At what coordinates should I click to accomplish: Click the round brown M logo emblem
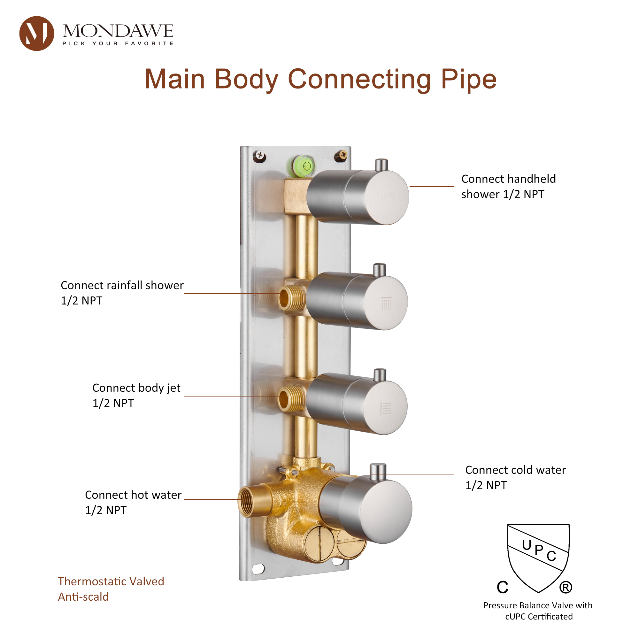click(x=36, y=34)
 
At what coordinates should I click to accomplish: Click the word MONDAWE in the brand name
click(x=118, y=31)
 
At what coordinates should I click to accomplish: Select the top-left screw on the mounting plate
click(x=260, y=156)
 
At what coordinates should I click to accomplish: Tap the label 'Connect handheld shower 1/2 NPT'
click(x=508, y=187)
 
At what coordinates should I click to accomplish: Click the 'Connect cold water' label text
click(x=515, y=470)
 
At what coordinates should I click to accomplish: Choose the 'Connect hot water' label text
click(x=133, y=495)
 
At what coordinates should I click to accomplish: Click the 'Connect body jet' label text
click(x=136, y=388)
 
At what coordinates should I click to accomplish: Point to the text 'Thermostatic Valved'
click(x=111, y=581)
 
